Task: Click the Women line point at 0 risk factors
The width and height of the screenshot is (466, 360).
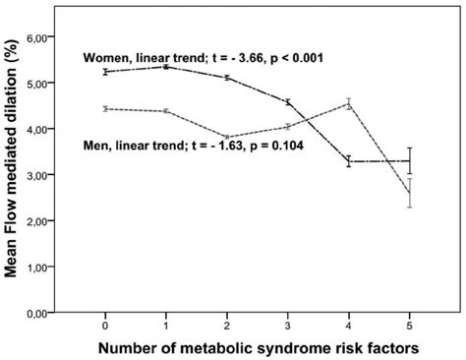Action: coord(105,72)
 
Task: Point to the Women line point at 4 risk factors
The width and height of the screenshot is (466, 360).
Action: coord(348,161)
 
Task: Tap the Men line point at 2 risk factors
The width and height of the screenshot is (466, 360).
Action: coord(226,137)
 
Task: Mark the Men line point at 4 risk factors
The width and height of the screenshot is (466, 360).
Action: coord(348,104)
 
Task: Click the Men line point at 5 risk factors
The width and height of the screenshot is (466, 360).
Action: coord(409,193)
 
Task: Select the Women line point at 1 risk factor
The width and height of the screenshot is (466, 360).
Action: coord(165,67)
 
